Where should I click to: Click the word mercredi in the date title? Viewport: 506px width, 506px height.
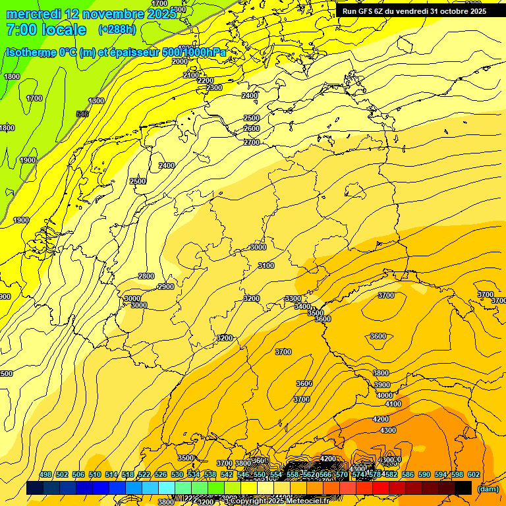[32, 14]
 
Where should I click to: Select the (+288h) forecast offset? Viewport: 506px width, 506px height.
[118, 30]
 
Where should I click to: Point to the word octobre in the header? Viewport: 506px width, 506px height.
[445, 11]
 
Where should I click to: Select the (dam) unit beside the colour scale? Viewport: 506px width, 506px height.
[488, 489]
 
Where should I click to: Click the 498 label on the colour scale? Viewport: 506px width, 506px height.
[45, 474]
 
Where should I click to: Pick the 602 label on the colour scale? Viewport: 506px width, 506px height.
[473, 474]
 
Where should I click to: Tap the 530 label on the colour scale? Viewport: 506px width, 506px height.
[177, 474]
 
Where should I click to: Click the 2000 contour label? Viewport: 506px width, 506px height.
[180, 61]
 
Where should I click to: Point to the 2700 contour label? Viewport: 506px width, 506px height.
[252, 142]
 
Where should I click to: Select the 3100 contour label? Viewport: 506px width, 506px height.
[266, 266]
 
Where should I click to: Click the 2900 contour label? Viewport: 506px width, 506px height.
[166, 287]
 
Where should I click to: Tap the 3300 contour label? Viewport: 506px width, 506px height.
[293, 298]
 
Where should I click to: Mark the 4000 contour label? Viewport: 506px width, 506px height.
[385, 395]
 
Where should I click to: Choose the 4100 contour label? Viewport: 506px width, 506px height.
[393, 404]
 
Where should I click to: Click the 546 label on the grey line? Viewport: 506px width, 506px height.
[82, 114]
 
